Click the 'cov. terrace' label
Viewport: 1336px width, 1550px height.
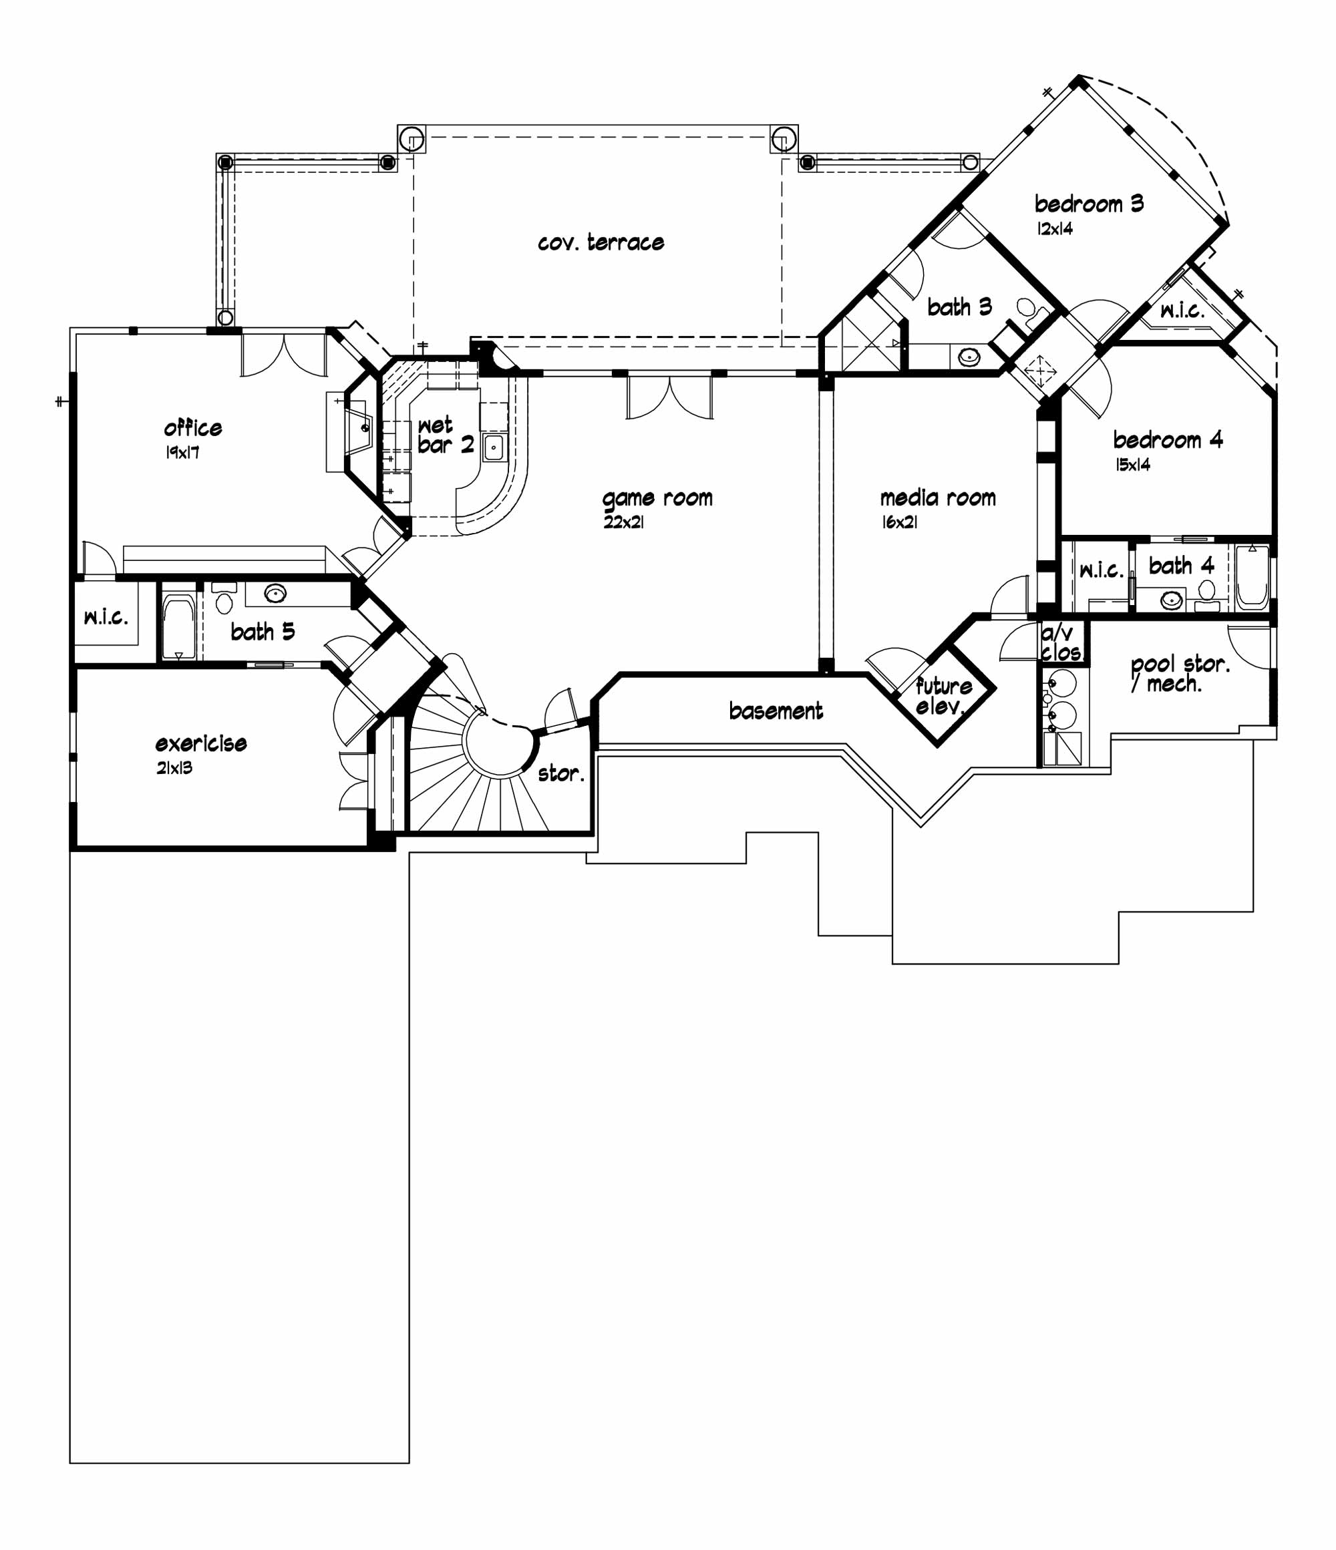click(x=601, y=242)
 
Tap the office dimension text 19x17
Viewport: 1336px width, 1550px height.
click(x=182, y=453)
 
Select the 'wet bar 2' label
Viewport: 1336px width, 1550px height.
click(x=445, y=435)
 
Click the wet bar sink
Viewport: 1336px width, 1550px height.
click(x=493, y=447)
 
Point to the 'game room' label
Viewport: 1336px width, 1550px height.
click(x=657, y=498)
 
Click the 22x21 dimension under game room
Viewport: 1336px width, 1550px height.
click(x=623, y=522)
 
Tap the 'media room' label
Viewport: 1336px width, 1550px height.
click(x=937, y=498)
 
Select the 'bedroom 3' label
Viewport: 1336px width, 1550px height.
click(x=1088, y=204)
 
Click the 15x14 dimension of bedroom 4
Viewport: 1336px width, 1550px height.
click(x=1132, y=465)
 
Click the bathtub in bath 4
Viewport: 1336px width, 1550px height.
click(x=1251, y=578)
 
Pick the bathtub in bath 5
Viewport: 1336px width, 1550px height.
click(x=178, y=627)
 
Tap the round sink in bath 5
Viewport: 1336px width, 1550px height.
click(x=275, y=594)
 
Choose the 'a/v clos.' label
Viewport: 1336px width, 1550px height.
click(x=1060, y=643)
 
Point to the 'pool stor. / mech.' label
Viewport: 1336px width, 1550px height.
click(x=1178, y=673)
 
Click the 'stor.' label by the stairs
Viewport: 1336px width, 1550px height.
click(x=560, y=773)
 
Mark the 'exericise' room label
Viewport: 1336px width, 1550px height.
click(x=200, y=743)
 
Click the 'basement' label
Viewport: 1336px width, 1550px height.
click(x=776, y=711)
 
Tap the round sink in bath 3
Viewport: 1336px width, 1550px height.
click(x=969, y=357)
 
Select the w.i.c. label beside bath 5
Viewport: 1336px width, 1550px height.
click(x=106, y=617)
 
